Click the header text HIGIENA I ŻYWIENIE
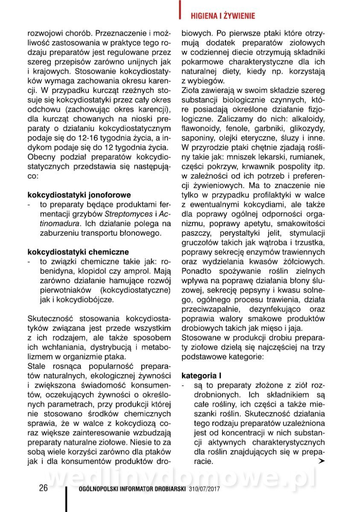[222, 16]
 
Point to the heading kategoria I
[201, 376]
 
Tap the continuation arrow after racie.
[321, 462]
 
